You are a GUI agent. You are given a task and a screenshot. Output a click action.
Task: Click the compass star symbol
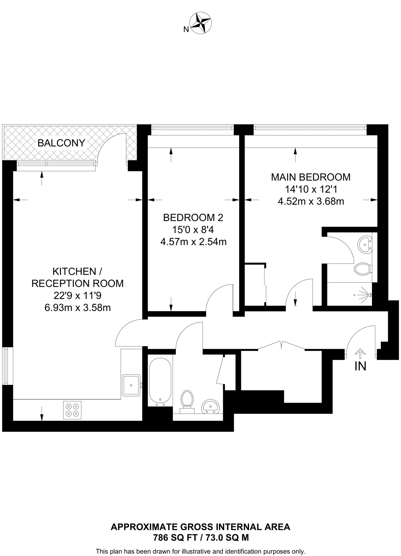click(x=201, y=23)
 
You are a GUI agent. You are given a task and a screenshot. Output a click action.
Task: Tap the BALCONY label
click(x=61, y=143)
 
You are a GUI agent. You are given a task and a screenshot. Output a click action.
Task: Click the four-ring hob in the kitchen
click(x=72, y=410)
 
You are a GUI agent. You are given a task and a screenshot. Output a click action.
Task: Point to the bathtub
click(x=160, y=382)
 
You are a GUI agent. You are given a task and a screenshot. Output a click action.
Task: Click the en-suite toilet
click(x=362, y=269)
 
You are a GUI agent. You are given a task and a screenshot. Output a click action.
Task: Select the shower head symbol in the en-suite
click(x=366, y=295)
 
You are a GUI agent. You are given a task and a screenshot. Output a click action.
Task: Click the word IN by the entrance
click(x=360, y=366)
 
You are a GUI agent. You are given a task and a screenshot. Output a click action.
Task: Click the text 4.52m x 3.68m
click(x=311, y=201)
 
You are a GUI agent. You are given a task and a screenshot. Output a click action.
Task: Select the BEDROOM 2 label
click(x=193, y=217)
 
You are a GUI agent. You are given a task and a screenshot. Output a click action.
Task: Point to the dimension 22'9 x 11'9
click(x=78, y=295)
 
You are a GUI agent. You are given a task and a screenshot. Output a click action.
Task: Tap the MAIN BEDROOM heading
click(x=311, y=177)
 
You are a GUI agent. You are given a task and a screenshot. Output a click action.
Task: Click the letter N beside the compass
click(x=186, y=30)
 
